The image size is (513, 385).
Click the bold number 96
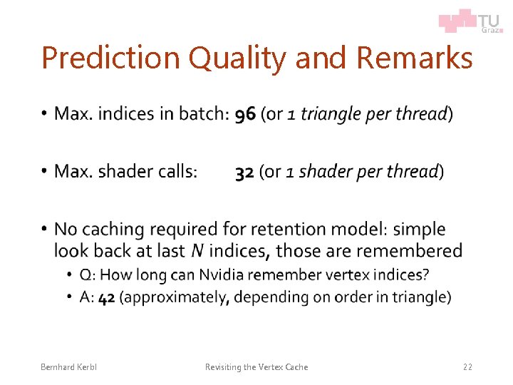click(x=246, y=114)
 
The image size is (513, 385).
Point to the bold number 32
click(x=245, y=172)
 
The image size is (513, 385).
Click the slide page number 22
click(x=467, y=367)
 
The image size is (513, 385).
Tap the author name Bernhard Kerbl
click(x=68, y=367)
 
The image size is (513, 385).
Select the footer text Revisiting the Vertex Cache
click(x=256, y=367)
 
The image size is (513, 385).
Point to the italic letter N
click(x=197, y=252)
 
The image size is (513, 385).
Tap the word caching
click(x=114, y=230)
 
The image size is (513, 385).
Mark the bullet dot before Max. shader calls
click(x=43, y=172)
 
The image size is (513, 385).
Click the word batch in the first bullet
click(x=202, y=114)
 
